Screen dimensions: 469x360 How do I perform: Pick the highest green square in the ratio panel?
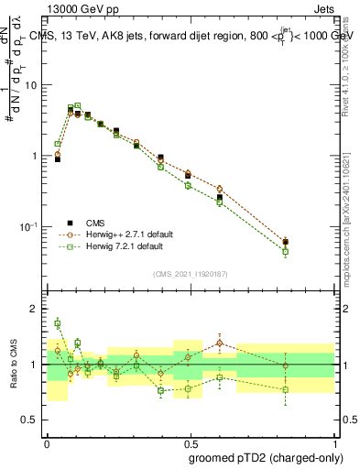[58, 322]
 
